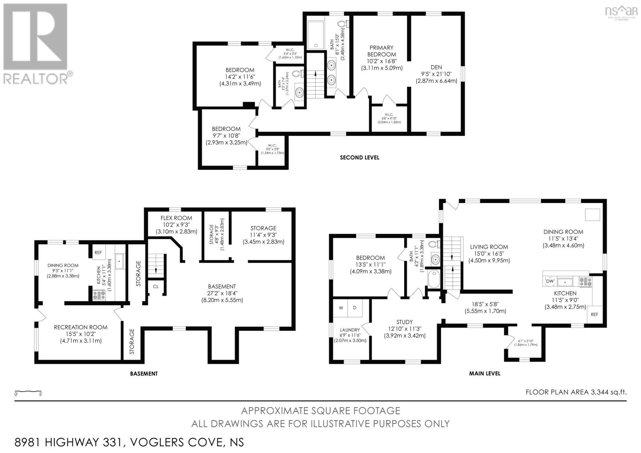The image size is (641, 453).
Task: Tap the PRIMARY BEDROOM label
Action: pos(381,51)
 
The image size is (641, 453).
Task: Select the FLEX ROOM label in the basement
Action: pos(176,218)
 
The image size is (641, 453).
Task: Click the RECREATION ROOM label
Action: pos(81,327)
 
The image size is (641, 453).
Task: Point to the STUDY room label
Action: pos(404,322)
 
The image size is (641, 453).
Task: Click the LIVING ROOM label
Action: pos(489,247)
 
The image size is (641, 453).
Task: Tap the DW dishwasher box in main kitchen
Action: pos(550,281)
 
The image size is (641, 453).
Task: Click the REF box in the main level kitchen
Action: pos(594,314)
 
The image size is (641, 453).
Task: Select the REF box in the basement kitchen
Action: pos(98,253)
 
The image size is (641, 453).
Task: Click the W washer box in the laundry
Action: pos(341,308)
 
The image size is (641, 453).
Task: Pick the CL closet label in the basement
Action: pos(156,287)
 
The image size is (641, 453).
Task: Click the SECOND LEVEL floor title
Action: pos(359,157)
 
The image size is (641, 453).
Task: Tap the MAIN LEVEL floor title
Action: pos(484,373)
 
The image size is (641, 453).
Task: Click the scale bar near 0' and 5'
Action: pos(28,391)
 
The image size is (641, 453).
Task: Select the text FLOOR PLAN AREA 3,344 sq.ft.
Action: pos(576,393)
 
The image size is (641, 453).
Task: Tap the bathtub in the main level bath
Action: pos(434,279)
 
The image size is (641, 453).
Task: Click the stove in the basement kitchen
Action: pos(99,295)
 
